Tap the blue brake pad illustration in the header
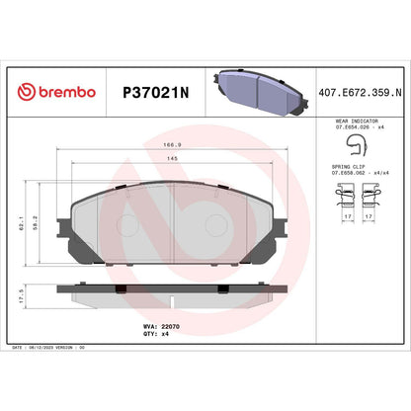[255, 90]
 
